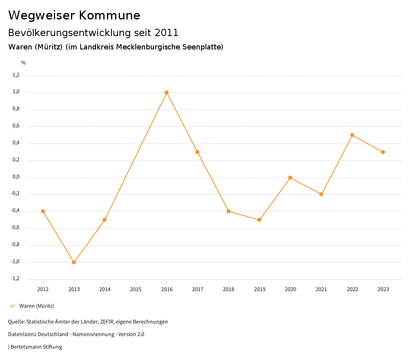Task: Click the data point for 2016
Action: pyautogui.click(x=167, y=92)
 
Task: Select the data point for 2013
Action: pyautogui.click(x=74, y=262)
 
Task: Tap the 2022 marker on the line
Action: pyautogui.click(x=352, y=135)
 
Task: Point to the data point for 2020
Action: pyautogui.click(x=290, y=178)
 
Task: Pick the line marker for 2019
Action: pyautogui.click(x=259, y=220)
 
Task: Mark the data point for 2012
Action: pyautogui.click(x=43, y=211)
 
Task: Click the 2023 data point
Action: pyautogui.click(x=383, y=152)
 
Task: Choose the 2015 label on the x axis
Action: pyautogui.click(x=136, y=289)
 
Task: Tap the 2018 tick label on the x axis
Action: pyautogui.click(x=229, y=289)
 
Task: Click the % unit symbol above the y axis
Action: pyautogui.click(x=24, y=63)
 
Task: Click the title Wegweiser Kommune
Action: pyautogui.click(x=74, y=15)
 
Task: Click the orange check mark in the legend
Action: pyautogui.click(x=12, y=306)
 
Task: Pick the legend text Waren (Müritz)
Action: pyautogui.click(x=37, y=306)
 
